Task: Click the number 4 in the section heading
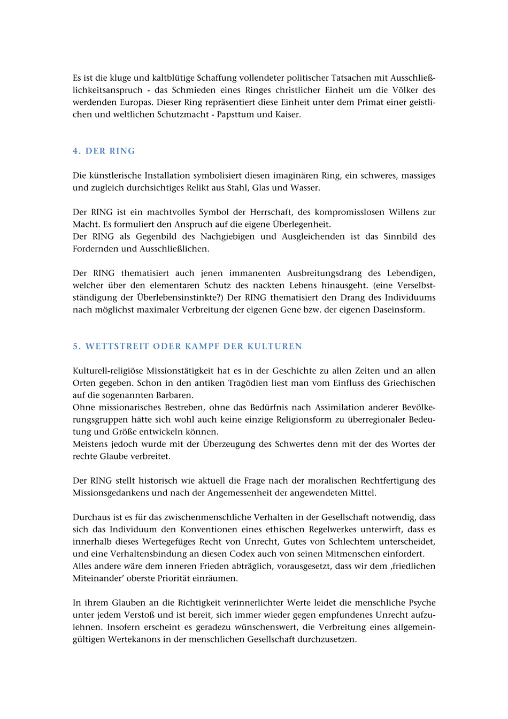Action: [75, 151]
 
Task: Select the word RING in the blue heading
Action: [122, 151]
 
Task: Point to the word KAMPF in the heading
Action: [203, 346]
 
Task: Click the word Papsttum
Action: [236, 114]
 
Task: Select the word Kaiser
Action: [288, 114]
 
